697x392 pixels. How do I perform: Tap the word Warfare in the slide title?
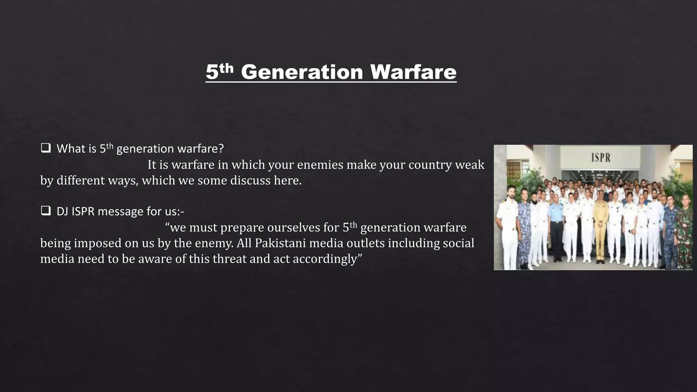coord(413,72)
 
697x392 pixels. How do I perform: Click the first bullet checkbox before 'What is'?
coord(45,148)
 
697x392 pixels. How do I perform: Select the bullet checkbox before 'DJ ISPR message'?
coord(45,211)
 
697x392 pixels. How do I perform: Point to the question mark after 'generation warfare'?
coord(221,149)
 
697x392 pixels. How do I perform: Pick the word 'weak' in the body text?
coord(470,165)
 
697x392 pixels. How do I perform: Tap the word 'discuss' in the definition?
coord(250,180)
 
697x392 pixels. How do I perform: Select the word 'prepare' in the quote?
coord(242,228)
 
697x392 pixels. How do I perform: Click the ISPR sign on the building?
coord(601,158)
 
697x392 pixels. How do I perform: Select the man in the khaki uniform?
coord(600,225)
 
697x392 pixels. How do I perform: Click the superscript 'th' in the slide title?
coord(226,68)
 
